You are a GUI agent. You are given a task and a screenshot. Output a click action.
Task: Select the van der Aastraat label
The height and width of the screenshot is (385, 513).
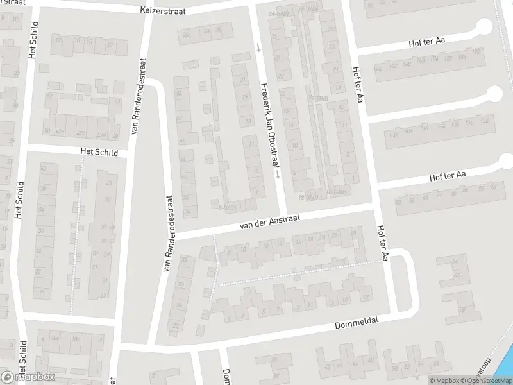(x=269, y=223)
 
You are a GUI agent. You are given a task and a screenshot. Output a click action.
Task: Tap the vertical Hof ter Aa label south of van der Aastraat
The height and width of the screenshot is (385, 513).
(x=383, y=243)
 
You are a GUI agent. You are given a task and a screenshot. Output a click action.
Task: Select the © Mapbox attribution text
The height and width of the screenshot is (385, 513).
(x=442, y=381)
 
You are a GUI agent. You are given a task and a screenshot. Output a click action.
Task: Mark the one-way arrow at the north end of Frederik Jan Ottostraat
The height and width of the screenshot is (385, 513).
(x=258, y=47)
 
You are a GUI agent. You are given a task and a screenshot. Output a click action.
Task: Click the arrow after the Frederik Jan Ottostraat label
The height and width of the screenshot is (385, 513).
(x=277, y=173)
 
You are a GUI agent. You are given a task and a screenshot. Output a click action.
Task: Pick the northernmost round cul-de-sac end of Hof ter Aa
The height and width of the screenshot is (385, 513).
(x=484, y=26)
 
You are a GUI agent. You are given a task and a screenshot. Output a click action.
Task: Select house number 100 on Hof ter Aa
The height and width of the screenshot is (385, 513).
(x=392, y=134)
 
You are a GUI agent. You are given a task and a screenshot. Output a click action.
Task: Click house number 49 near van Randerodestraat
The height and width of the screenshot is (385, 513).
(x=115, y=136)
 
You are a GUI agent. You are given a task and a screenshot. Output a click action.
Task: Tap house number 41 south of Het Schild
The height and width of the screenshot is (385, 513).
(x=107, y=183)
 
